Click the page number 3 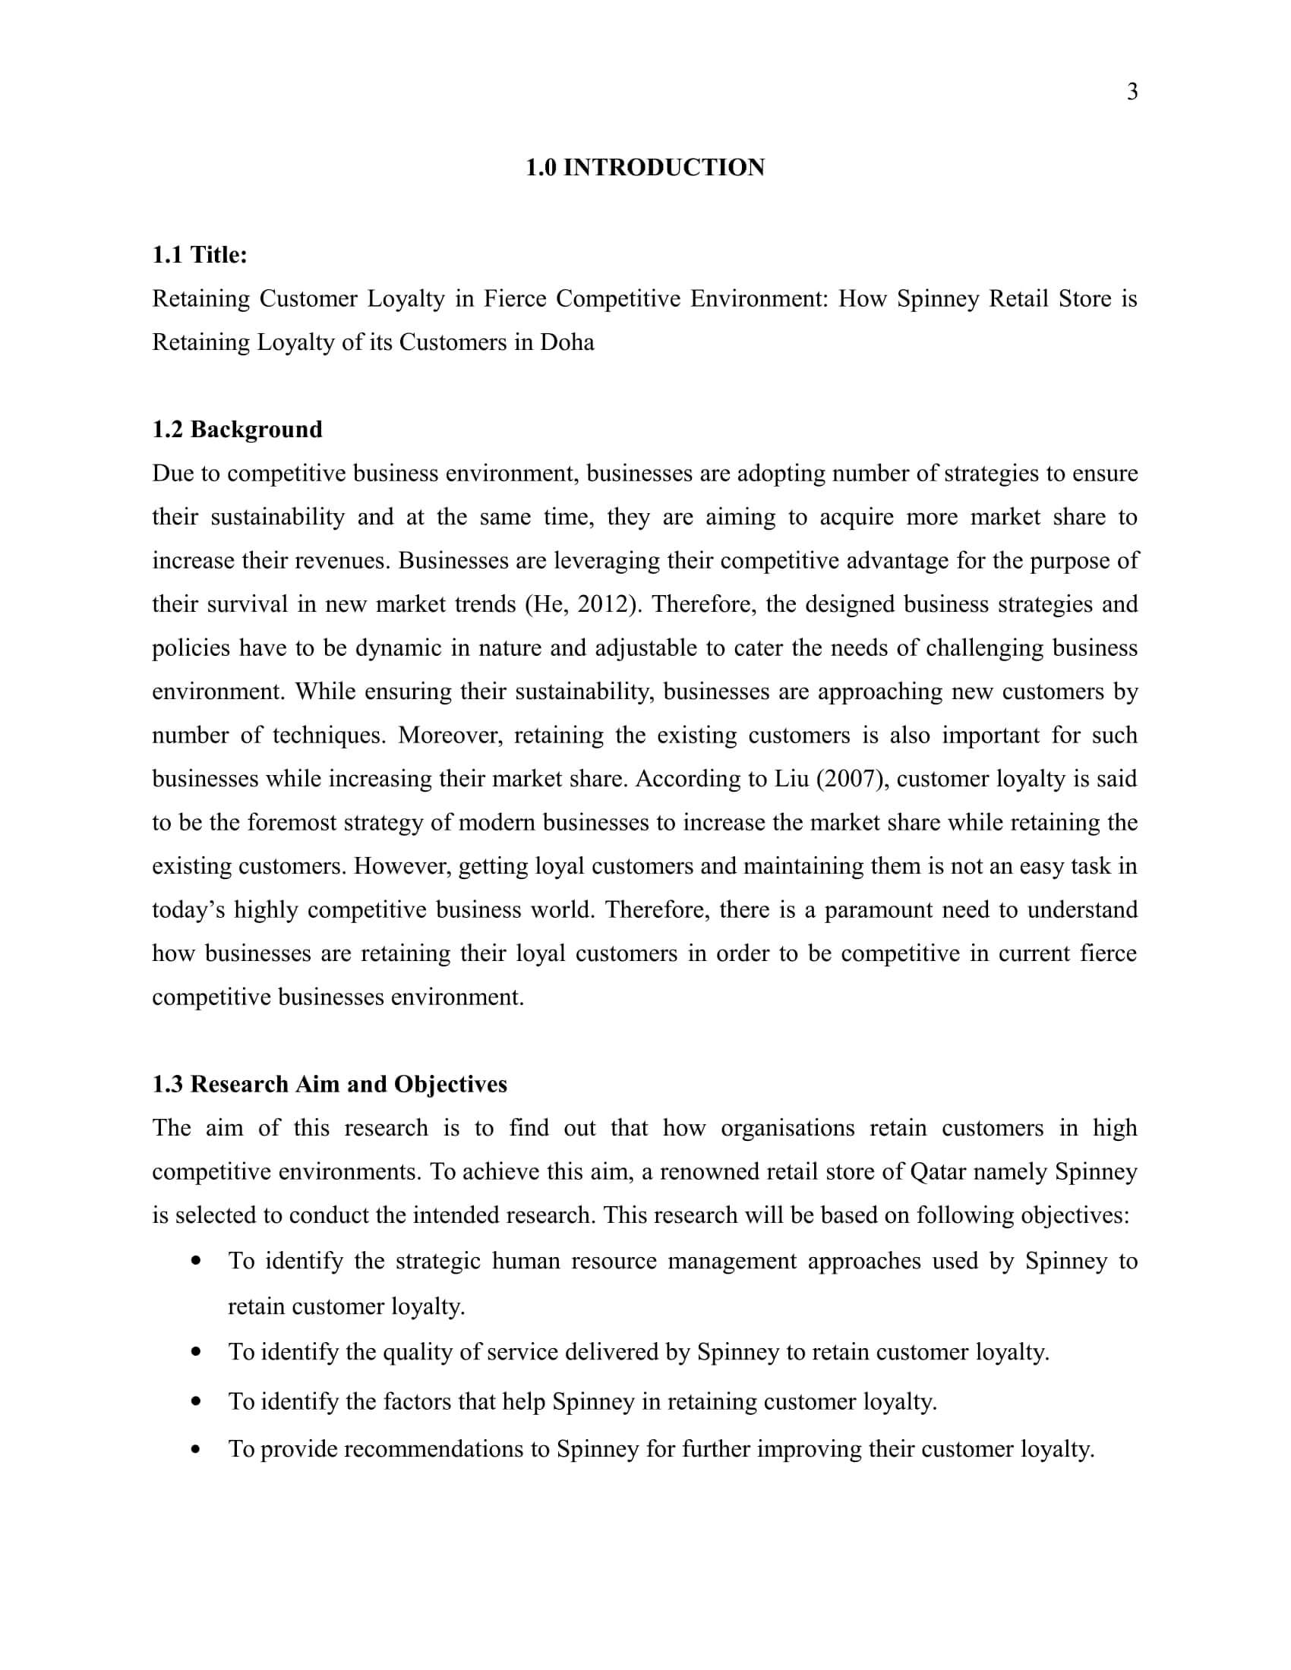pyautogui.click(x=1132, y=92)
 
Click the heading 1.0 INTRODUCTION pyautogui.click(x=645, y=168)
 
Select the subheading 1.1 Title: pyautogui.click(x=200, y=254)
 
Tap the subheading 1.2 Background pyautogui.click(x=237, y=429)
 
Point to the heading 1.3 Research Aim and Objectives pyautogui.click(x=330, y=1084)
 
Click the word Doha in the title pyautogui.click(x=567, y=342)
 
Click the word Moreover pyautogui.click(x=450, y=735)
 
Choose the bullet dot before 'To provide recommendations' pyautogui.click(x=197, y=1449)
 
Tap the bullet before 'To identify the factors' pyautogui.click(x=197, y=1401)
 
